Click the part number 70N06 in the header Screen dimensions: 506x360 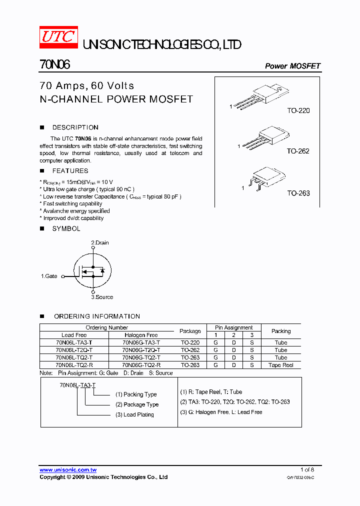[x=54, y=65]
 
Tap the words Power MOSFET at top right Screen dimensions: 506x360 [x=292, y=66]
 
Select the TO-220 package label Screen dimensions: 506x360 [x=298, y=110]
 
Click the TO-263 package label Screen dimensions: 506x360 [x=298, y=193]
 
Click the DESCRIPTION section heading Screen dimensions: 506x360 [x=75, y=127]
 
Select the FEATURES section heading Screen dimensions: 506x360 [x=70, y=171]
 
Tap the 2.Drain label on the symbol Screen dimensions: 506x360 [x=99, y=243]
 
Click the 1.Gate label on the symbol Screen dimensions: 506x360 [x=49, y=276]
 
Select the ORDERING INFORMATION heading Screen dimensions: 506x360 [x=96, y=316]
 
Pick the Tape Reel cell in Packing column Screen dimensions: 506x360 [x=281, y=365]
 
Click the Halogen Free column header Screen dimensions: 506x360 [x=141, y=335]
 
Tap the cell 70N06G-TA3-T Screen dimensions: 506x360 [x=141, y=342]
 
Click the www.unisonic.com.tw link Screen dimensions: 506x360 [x=68, y=470]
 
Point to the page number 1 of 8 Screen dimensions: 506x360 [x=307, y=470]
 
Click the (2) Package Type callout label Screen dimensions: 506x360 [x=137, y=404]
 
